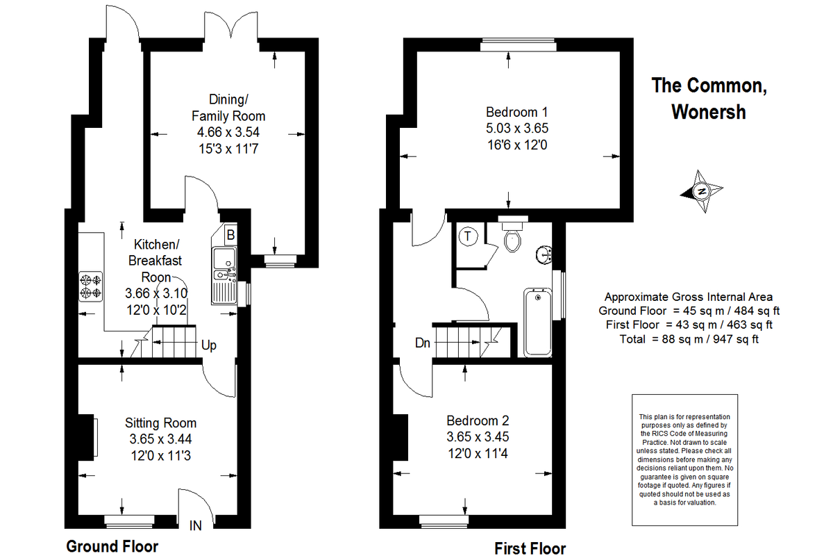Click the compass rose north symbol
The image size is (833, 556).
[x=702, y=191]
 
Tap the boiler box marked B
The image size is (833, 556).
[x=230, y=235]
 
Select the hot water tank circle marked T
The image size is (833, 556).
[x=468, y=236]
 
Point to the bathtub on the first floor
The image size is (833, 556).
[x=538, y=322]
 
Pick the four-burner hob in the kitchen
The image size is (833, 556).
[x=90, y=286]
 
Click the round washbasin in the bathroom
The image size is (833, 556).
[x=544, y=255]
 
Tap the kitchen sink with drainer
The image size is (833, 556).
[x=224, y=275]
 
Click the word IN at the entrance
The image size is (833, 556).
[x=196, y=526]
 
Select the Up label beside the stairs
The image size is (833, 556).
[x=209, y=345]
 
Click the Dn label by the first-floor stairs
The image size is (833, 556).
[x=423, y=343]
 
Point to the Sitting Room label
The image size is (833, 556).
[x=160, y=423]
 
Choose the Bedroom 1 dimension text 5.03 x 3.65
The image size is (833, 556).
[x=517, y=129]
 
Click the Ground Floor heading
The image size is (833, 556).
[x=112, y=547]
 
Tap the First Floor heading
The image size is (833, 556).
[x=530, y=548]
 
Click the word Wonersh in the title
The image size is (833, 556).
[x=709, y=112]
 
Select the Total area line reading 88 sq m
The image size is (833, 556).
[x=689, y=339]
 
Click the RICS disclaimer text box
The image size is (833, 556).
[x=684, y=460]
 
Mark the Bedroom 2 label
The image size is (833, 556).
[x=478, y=420]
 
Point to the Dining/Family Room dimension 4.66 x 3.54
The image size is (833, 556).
[x=228, y=132]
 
